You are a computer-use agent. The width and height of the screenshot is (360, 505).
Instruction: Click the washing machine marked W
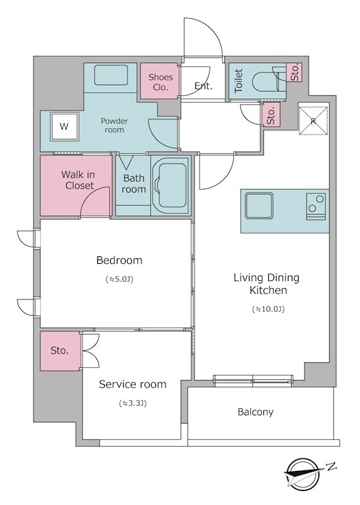point(64,127)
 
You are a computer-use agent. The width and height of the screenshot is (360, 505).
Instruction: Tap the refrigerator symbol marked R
point(313,121)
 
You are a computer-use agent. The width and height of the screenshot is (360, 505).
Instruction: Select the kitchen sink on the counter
point(259,206)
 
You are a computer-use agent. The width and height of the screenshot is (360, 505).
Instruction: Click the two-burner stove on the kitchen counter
point(316,206)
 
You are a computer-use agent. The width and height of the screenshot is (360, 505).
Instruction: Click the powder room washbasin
point(111,75)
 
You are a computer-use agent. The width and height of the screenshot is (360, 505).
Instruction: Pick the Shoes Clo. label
point(160,82)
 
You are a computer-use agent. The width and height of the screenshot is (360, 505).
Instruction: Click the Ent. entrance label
point(203,86)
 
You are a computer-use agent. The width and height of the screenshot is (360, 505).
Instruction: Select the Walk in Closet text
point(78,180)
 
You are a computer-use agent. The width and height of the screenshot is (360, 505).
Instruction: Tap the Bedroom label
point(119,260)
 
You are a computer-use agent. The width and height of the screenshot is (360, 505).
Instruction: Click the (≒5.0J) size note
point(119,279)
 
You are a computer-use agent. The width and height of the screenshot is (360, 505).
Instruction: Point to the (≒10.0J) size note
point(268,309)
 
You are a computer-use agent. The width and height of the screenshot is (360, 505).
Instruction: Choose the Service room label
point(133,384)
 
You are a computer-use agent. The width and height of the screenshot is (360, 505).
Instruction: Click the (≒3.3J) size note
point(133,403)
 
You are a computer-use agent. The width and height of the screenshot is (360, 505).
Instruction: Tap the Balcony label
point(255,412)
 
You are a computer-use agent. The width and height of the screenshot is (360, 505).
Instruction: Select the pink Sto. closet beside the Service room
point(60,351)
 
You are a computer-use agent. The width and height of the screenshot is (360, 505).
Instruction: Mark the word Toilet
point(239,81)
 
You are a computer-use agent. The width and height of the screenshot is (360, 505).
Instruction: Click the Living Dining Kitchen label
point(267,283)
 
